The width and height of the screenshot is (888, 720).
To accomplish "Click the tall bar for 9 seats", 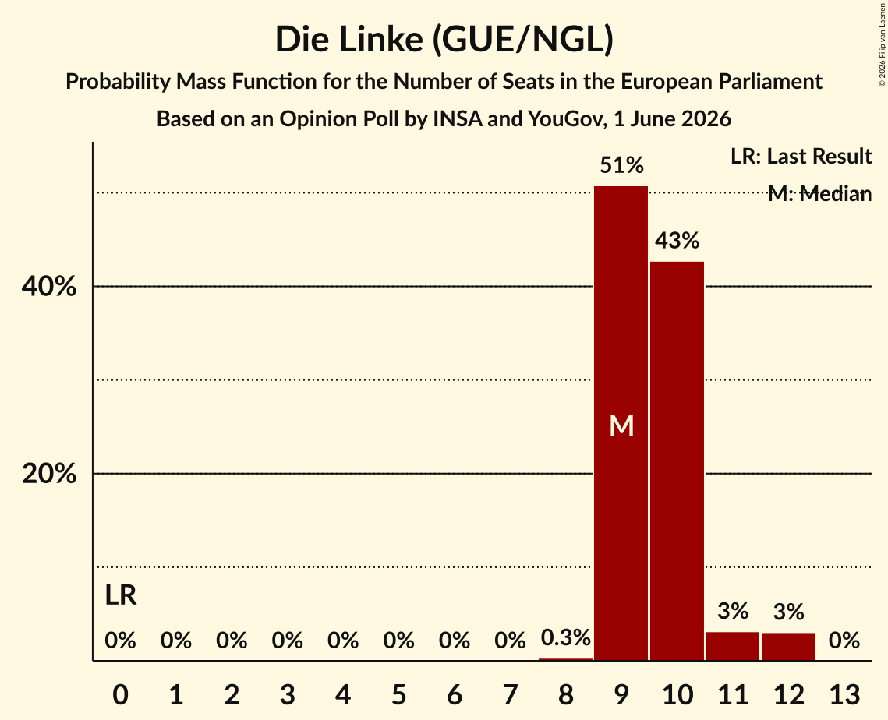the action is click(621, 423).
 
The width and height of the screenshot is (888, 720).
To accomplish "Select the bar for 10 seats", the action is click(677, 461).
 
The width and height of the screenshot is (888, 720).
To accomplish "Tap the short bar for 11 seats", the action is click(732, 646).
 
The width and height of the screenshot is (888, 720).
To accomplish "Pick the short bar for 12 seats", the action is click(788, 647).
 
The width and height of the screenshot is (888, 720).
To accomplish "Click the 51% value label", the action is click(621, 165).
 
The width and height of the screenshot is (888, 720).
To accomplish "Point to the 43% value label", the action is click(677, 241).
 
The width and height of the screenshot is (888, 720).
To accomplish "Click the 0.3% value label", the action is click(566, 638).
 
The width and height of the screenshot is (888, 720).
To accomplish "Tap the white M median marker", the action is click(621, 425).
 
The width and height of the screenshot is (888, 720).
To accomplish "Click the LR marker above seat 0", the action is click(121, 595).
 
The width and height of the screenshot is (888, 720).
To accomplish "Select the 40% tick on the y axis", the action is click(48, 287).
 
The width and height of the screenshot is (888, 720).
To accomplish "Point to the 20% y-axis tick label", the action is click(48, 473).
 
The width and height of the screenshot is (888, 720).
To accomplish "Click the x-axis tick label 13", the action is click(844, 694).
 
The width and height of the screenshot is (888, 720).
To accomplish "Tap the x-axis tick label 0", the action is click(121, 694).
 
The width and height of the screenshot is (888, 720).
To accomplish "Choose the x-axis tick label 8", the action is click(566, 694).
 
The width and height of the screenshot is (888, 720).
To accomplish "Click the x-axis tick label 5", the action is click(398, 694).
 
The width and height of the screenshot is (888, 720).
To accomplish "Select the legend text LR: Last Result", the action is click(801, 156).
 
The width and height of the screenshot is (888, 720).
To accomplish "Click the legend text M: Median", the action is click(819, 194).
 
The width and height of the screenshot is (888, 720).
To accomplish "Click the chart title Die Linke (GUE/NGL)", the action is click(444, 40).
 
